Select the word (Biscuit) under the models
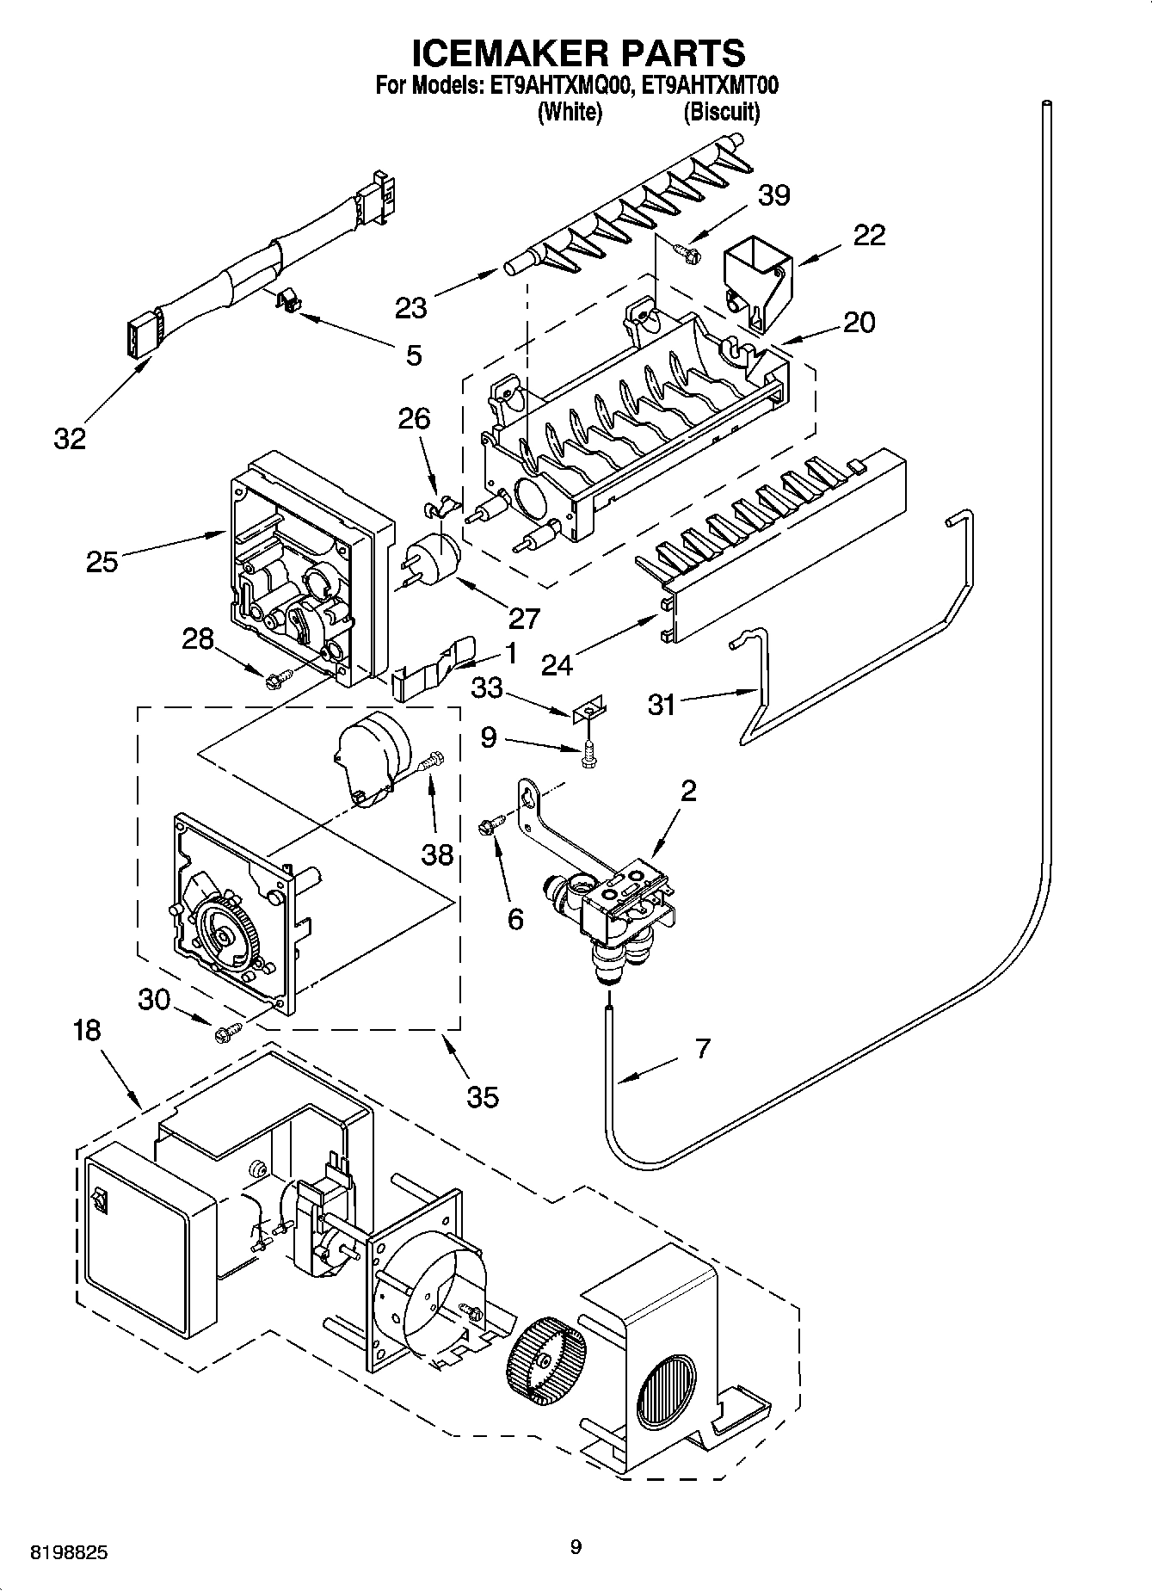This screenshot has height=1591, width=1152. tap(721, 112)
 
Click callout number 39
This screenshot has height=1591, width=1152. tap(773, 195)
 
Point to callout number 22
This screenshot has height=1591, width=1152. tap(868, 235)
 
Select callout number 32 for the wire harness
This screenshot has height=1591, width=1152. tap(70, 439)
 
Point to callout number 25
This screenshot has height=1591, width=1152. tap(102, 561)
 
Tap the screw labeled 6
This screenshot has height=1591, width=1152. tap(488, 827)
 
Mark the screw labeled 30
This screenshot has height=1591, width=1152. tap(228, 1031)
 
